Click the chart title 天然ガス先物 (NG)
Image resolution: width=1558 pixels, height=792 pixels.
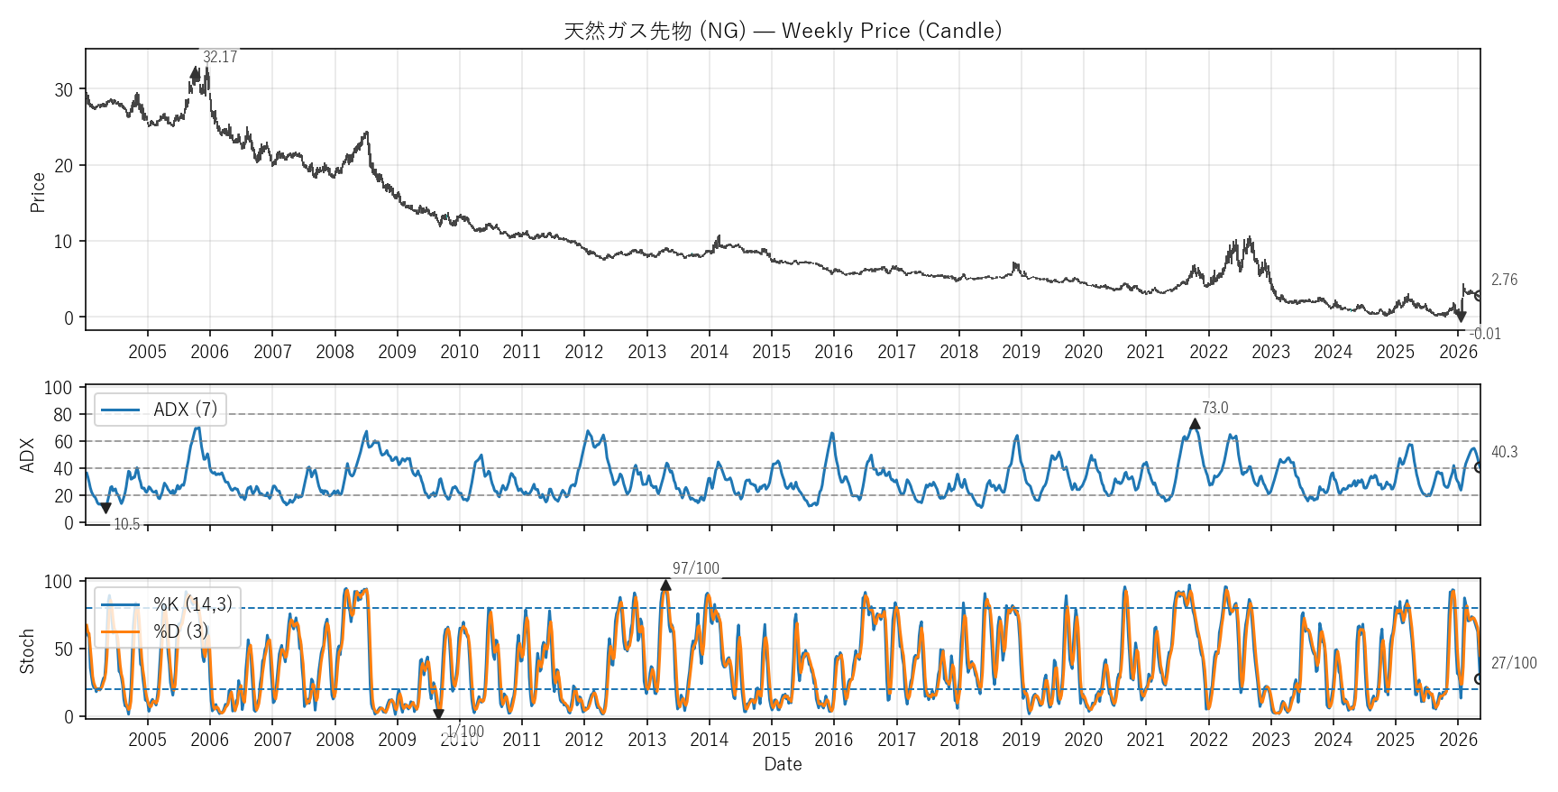pos(655,31)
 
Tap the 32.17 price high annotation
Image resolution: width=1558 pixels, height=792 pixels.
pos(220,57)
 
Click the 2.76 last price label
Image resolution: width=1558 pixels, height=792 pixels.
pos(1504,280)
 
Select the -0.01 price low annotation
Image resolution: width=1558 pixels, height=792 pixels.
pos(1485,334)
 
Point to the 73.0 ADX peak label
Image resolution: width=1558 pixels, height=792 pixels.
pos(1214,408)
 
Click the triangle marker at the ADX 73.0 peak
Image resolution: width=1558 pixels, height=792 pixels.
pos(1195,424)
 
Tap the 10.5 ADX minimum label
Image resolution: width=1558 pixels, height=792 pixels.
pos(127,524)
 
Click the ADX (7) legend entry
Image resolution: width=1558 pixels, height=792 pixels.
pos(160,410)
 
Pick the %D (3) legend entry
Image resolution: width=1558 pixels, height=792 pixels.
pos(155,631)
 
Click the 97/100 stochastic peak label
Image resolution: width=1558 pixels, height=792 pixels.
pos(696,568)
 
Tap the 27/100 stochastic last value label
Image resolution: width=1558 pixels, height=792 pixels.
pos(1514,663)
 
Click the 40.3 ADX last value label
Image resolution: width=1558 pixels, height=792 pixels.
pos(1504,452)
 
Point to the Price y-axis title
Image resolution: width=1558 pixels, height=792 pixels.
pos(38,192)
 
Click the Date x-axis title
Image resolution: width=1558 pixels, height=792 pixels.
pos(783,764)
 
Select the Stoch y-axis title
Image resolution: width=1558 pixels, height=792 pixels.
pos(27,651)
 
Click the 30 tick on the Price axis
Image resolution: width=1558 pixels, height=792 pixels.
pos(64,90)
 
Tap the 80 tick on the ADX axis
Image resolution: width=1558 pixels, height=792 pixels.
pos(63,415)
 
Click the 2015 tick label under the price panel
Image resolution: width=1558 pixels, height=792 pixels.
pos(772,352)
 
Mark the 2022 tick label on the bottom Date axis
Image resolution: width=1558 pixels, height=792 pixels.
pos(1208,740)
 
